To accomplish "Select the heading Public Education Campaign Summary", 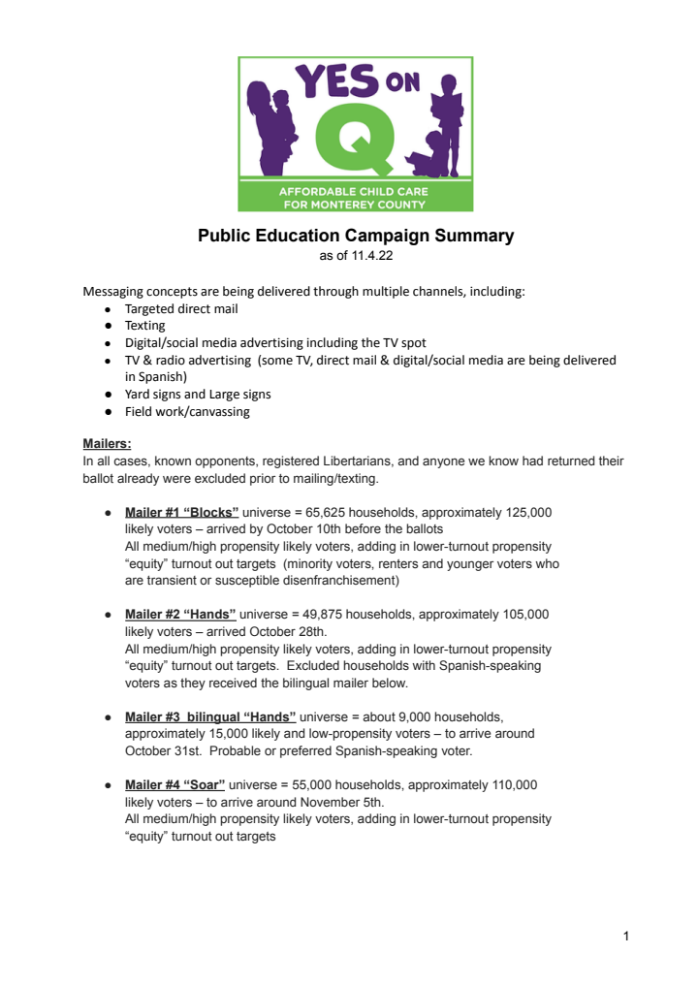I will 356,236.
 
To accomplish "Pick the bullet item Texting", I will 145,326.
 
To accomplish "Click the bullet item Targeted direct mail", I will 181,308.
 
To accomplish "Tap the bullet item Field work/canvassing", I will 187,411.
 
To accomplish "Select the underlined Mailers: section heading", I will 107,444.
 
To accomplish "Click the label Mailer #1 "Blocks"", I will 181,512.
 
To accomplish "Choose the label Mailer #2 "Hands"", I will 180,614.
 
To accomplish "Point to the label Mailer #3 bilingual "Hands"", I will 210,716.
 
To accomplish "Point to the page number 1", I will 626,936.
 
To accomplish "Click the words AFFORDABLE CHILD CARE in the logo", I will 355,192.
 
